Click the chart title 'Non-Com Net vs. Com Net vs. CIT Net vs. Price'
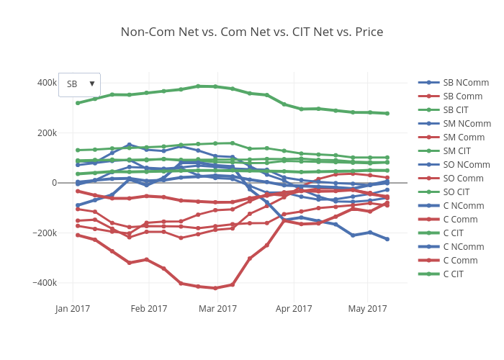[251, 32]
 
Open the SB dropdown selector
[79, 84]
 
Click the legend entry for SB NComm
[462, 83]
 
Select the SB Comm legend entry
[462, 96]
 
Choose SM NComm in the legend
[463, 124]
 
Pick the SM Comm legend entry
[463, 138]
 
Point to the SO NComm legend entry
[462, 165]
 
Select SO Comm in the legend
[462, 179]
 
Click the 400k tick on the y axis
[46, 83]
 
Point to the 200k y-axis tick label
[46, 132]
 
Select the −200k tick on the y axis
[43, 233]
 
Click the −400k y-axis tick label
[43, 283]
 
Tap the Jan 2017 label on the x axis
[72, 309]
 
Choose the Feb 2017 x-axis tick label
[149, 309]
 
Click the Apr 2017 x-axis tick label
[294, 309]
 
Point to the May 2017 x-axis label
[368, 309]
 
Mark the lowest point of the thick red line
[215, 288]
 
